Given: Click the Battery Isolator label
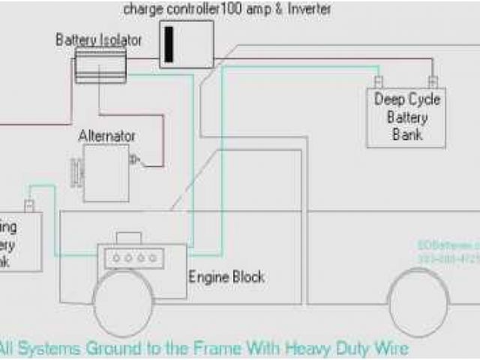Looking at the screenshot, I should point(98,40).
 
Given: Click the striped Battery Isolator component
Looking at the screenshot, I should point(100,66).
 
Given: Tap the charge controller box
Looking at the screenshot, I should point(186,44).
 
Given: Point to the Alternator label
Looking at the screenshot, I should point(107,136).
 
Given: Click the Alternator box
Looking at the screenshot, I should point(106,173).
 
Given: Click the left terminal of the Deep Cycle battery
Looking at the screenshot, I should point(379,81).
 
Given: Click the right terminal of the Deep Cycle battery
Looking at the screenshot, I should point(431,81).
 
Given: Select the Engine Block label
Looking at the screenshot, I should point(226,277).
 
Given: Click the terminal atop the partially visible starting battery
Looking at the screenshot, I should point(28,205).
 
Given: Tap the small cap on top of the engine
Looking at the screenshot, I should point(130,238).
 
